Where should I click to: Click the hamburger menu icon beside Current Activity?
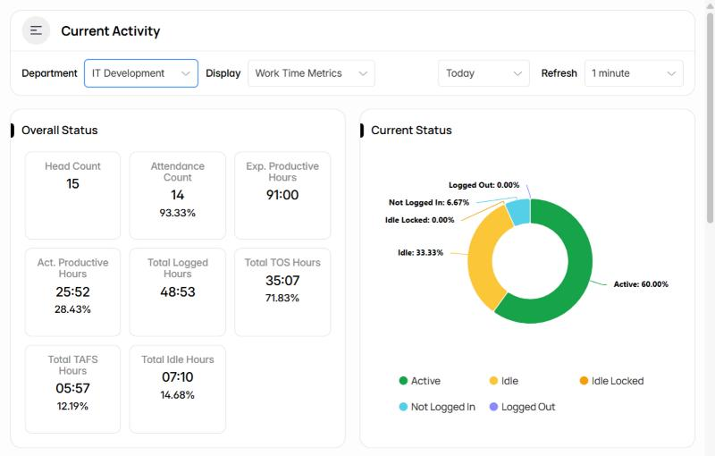pyautogui.click(x=36, y=30)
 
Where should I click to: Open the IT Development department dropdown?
pyautogui.click(x=141, y=73)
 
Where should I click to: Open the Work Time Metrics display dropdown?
pyautogui.click(x=311, y=73)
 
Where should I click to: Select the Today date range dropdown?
pyautogui.click(x=484, y=73)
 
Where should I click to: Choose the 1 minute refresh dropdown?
pyautogui.click(x=634, y=73)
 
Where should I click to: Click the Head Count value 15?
pyautogui.click(x=72, y=184)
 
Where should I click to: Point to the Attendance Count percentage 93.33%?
pyautogui.click(x=177, y=213)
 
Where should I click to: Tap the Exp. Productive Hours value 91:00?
pyautogui.click(x=282, y=195)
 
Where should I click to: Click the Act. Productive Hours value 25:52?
pyautogui.click(x=72, y=291)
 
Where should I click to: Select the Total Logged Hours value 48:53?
pyautogui.click(x=177, y=291)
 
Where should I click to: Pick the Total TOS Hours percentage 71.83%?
pyautogui.click(x=282, y=299)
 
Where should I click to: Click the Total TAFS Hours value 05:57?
pyautogui.click(x=72, y=389)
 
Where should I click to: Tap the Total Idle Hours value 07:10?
pyautogui.click(x=177, y=377)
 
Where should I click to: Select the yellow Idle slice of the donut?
pyautogui.click(x=483, y=256)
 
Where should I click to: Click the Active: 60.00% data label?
pyautogui.click(x=641, y=284)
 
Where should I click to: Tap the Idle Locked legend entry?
pyautogui.click(x=611, y=381)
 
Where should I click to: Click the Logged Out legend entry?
pyautogui.click(x=522, y=407)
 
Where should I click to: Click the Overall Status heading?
pyautogui.click(x=60, y=131)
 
